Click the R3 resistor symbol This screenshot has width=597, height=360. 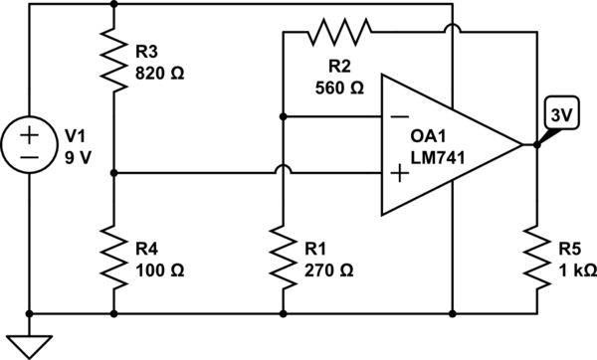[x=114, y=58]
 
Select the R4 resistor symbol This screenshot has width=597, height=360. [x=114, y=256]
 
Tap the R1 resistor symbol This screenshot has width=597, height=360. [x=284, y=256]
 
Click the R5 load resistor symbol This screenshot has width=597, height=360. [x=537, y=256]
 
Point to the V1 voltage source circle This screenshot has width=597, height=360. [x=30, y=144]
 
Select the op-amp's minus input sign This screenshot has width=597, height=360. [x=400, y=117]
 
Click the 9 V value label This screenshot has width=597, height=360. [x=78, y=156]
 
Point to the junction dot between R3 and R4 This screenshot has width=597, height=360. [x=114, y=172]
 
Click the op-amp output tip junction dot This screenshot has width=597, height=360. [x=536, y=145]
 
